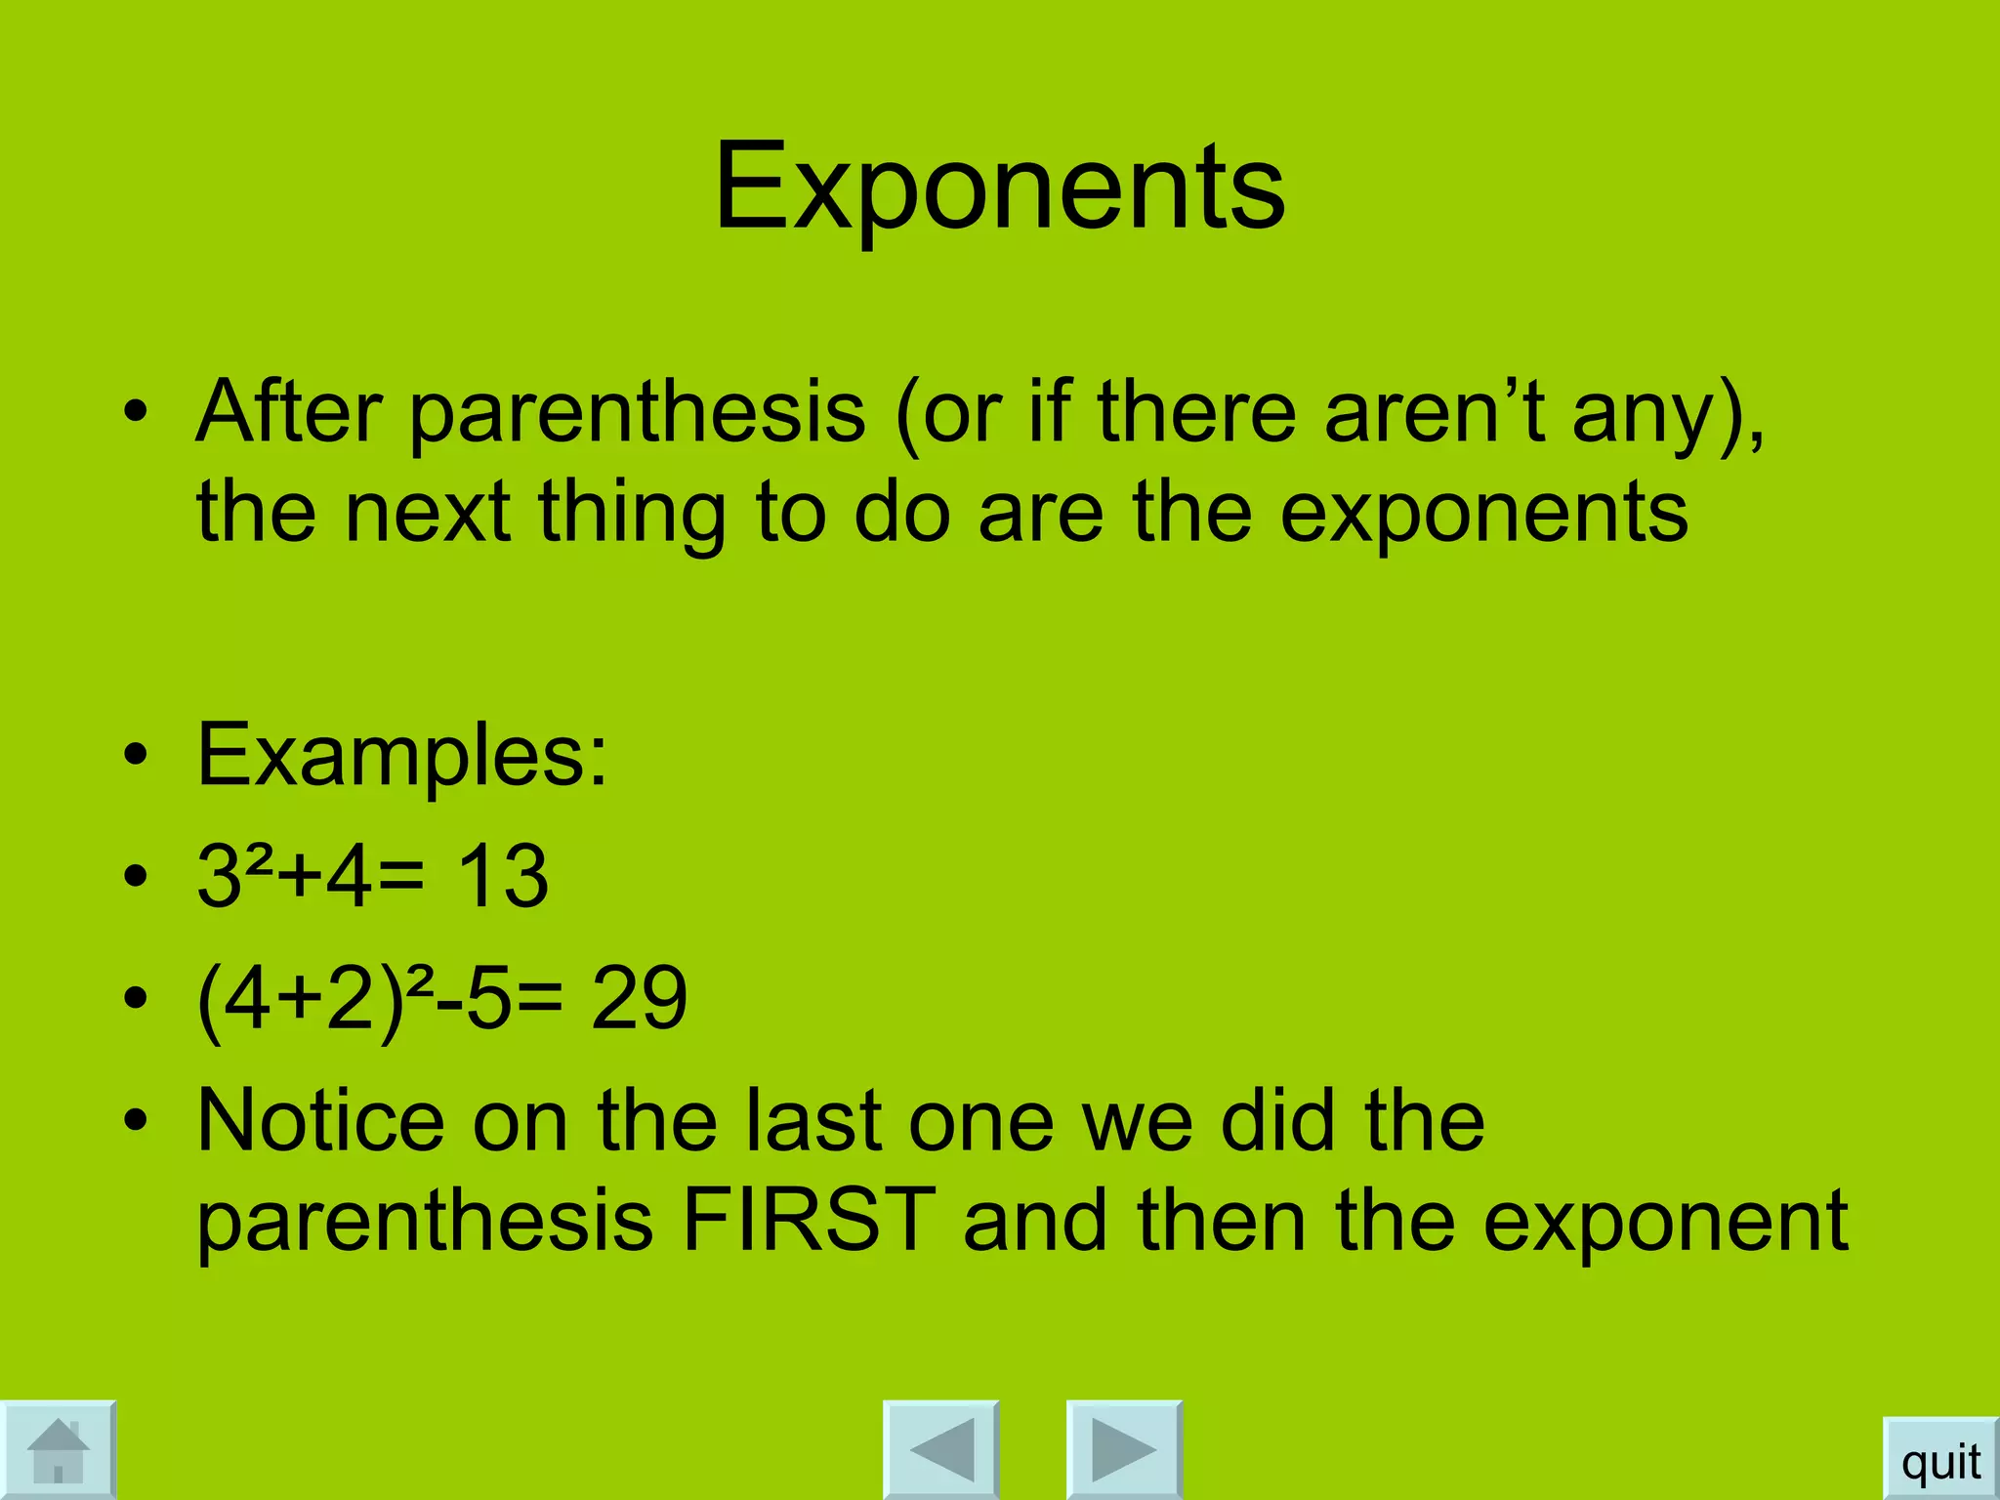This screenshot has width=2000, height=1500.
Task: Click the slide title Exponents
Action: tap(999, 187)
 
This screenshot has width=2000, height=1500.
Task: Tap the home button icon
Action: tap(58, 1450)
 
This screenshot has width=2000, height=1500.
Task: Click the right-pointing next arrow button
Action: tap(1123, 1450)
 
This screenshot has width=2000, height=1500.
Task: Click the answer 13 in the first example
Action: tap(503, 876)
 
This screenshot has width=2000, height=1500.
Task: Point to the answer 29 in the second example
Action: tap(640, 998)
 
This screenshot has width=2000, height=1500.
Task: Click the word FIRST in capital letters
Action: tap(809, 1220)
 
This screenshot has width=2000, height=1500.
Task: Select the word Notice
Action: tap(321, 1120)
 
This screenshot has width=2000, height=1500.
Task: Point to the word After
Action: tap(288, 411)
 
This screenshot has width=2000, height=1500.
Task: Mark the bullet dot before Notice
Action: tap(136, 1120)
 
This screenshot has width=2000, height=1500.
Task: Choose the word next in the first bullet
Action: tap(428, 513)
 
